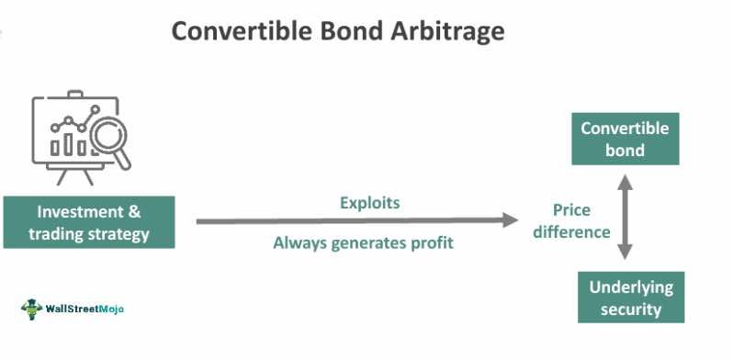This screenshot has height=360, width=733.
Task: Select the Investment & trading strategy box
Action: click(88, 221)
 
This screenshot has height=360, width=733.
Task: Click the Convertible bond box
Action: click(625, 139)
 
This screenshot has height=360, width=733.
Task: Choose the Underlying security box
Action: click(631, 298)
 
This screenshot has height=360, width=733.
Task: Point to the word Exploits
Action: click(369, 202)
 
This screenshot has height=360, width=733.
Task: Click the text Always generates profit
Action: click(364, 243)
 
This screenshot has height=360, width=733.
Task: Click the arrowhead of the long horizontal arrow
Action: click(510, 220)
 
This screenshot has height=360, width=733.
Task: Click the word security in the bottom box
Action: click(631, 309)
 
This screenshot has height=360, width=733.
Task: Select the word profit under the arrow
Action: click(431, 243)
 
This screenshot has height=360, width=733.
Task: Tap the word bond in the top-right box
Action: click(625, 150)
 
